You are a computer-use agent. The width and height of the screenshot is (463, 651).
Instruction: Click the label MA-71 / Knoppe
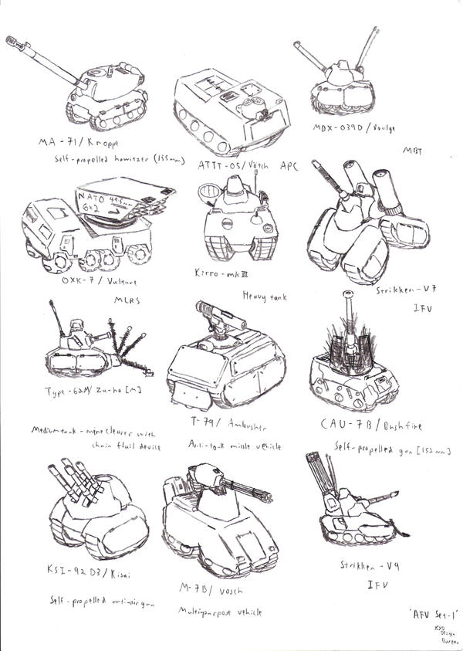[x=73, y=141]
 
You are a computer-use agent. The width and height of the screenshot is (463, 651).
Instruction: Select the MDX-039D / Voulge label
[x=343, y=127]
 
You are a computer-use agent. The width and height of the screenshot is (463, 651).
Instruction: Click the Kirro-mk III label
[x=220, y=273]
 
